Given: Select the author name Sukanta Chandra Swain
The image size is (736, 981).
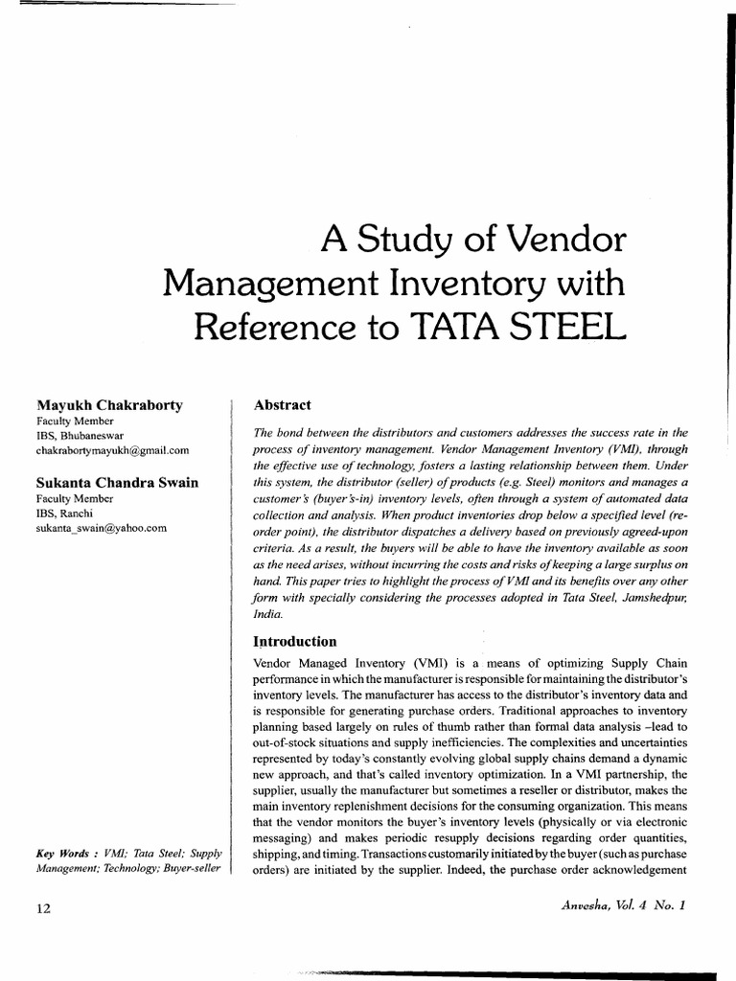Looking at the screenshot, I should point(117,483).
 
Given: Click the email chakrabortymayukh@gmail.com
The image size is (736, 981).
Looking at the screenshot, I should point(112,449).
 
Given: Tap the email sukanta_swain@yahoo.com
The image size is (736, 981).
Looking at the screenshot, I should point(102,527).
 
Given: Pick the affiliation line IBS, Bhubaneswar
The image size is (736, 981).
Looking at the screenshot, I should point(78,435).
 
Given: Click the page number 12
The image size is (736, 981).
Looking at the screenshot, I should point(33,907).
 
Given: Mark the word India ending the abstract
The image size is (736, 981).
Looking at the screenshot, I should point(264,617).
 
